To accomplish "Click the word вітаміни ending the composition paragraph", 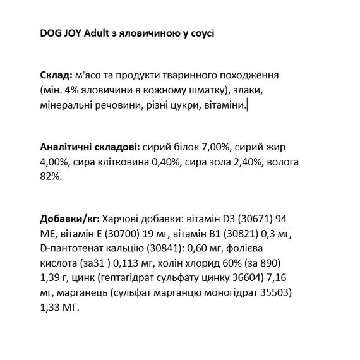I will (x=224, y=105).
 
